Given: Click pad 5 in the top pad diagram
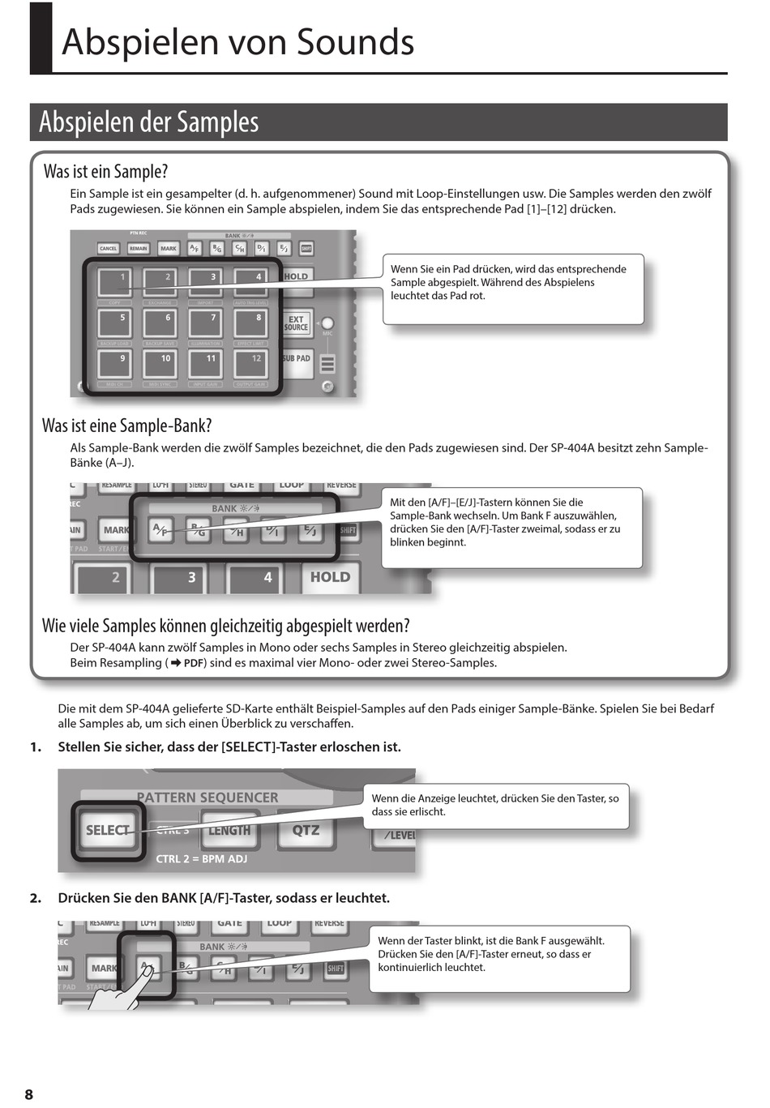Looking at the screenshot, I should click(x=118, y=323).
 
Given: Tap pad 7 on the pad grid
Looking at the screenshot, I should click(x=208, y=323).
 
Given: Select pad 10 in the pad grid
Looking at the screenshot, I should click(x=163, y=364).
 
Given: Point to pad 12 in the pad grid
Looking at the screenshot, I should click(x=253, y=364).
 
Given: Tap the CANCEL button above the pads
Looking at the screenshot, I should click(x=108, y=249).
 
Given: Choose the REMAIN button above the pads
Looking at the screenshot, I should click(x=139, y=249).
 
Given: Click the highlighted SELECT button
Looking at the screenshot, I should click(x=107, y=831).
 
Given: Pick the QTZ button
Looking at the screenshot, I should click(x=306, y=831).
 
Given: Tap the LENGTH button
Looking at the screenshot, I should click(x=229, y=831).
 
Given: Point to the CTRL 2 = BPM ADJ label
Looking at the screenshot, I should click(x=201, y=859).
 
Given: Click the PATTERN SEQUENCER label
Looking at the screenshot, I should click(x=207, y=798).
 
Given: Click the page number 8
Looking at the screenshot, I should click(x=29, y=1094).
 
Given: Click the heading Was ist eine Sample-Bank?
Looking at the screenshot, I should click(x=127, y=426).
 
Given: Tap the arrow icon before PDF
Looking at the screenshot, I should click(x=175, y=663).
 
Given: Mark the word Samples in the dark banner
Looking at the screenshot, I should click(x=217, y=122).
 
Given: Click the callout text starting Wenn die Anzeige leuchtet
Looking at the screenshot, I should click(x=494, y=805).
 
